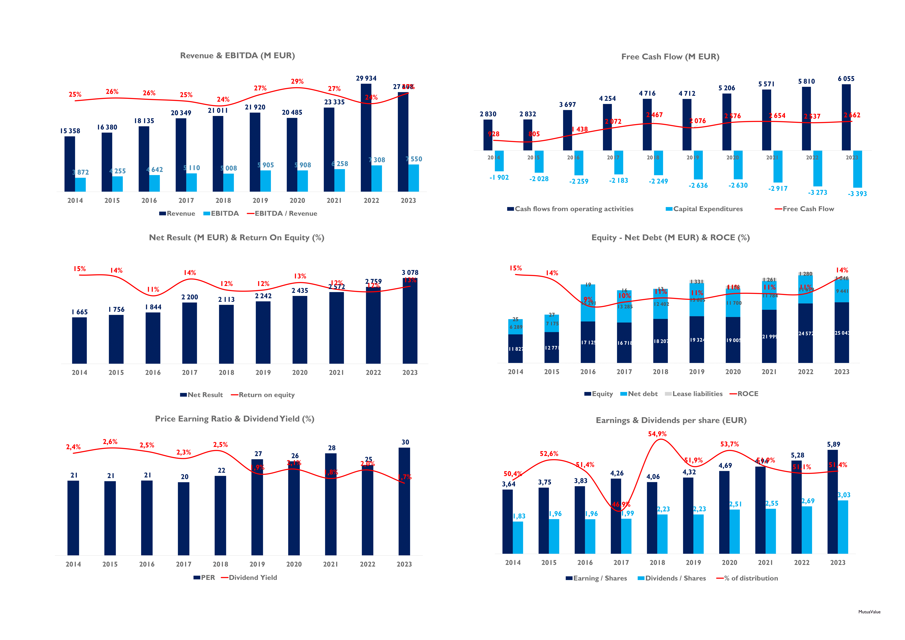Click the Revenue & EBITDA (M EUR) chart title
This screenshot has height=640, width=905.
237,56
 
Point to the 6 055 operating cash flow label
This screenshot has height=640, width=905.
846,79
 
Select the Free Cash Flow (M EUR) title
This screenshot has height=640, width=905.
670,57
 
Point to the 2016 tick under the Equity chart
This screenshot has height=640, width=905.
588,372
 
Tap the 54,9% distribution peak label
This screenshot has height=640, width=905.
657,434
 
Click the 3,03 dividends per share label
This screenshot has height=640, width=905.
844,495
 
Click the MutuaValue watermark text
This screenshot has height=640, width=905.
869,612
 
